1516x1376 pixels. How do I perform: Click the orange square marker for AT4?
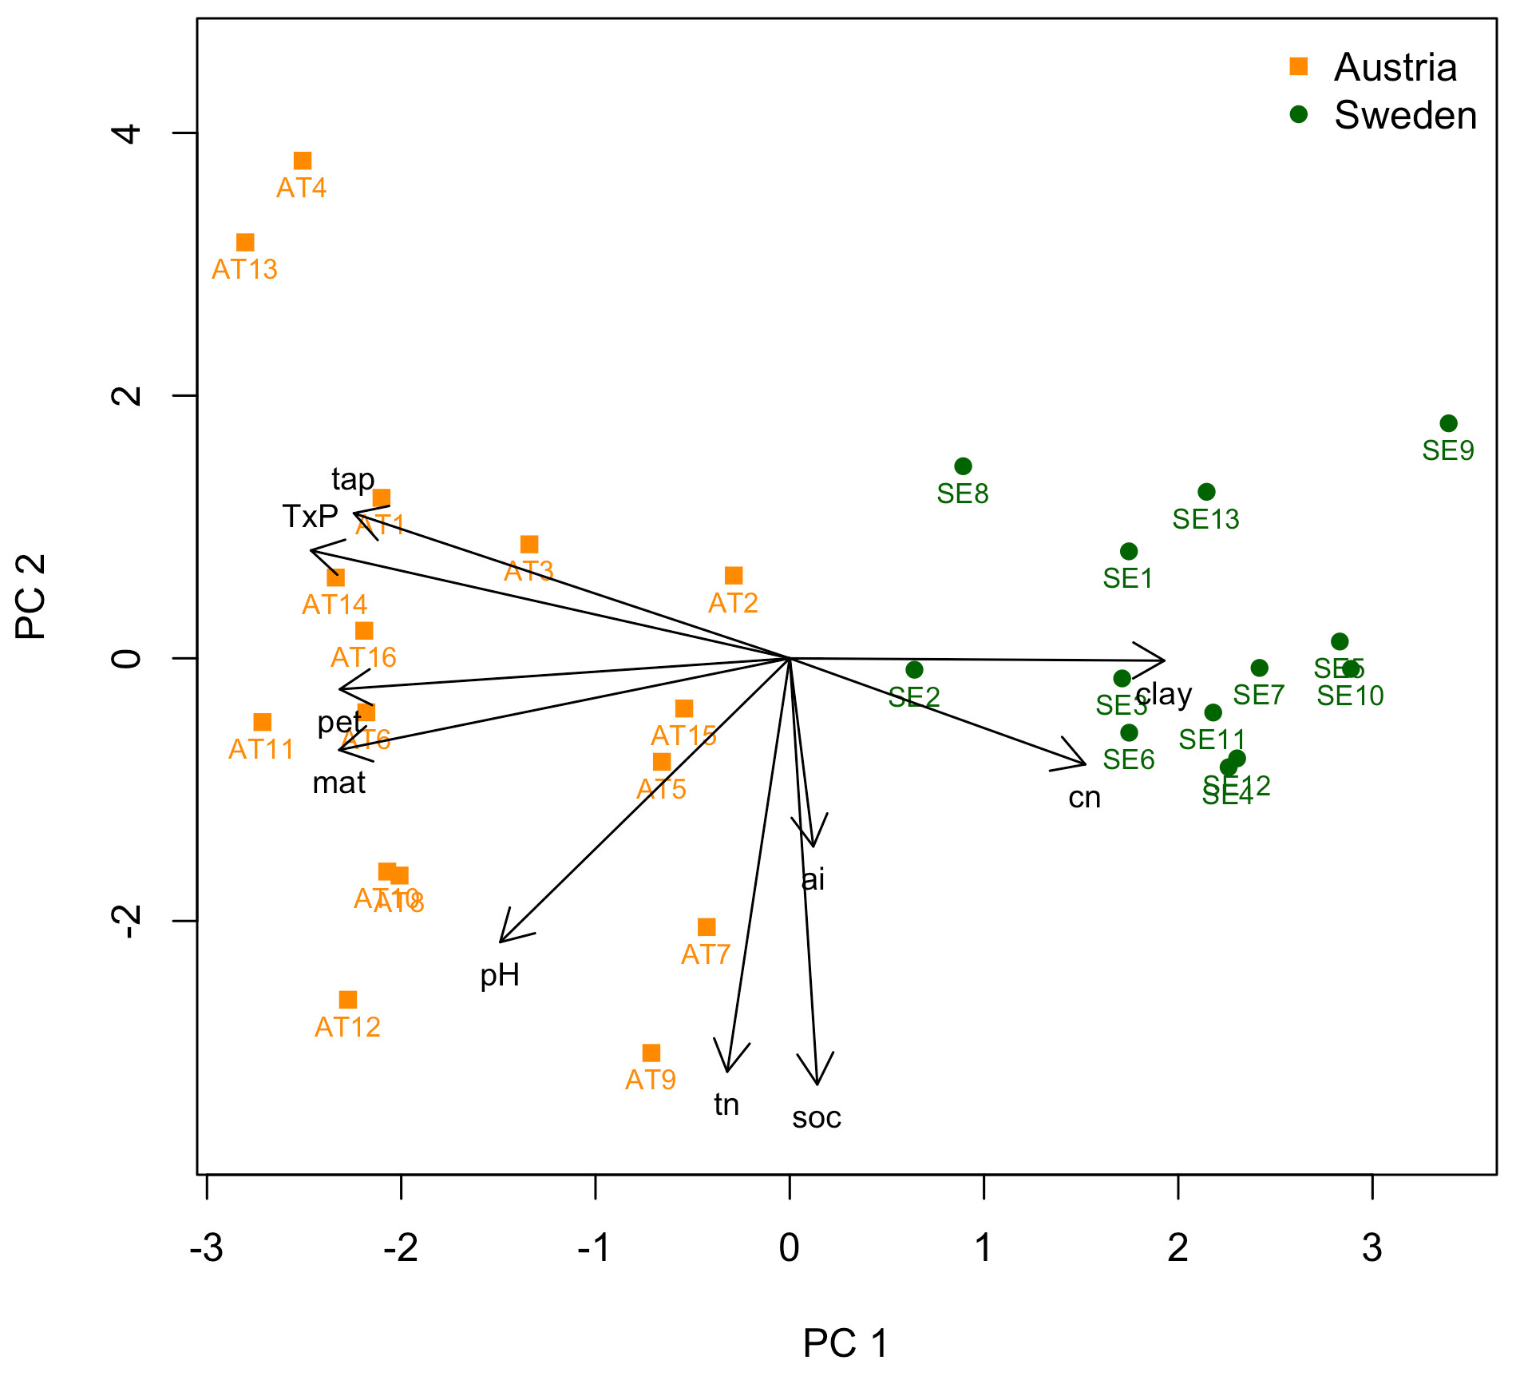[303, 161]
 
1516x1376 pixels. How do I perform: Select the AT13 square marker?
[245, 243]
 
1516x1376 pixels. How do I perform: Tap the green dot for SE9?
[1448, 423]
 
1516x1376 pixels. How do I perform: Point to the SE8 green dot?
[963, 466]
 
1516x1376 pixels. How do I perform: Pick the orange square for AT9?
[651, 1053]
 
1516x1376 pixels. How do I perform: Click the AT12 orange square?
[347, 1000]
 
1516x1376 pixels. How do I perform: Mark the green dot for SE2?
[914, 669]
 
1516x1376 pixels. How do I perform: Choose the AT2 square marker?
[734, 576]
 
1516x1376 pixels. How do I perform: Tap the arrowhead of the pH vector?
[501, 942]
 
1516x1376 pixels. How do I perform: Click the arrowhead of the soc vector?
[817, 1083]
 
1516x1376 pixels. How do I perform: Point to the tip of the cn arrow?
[1085, 764]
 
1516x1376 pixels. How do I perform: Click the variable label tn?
[726, 1104]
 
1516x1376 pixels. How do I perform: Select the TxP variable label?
[310, 517]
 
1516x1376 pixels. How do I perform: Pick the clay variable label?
[1164, 694]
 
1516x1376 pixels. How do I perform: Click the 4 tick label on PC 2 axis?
[128, 133]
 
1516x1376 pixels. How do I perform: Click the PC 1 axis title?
[845, 1343]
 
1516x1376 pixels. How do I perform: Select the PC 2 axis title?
[32, 597]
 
